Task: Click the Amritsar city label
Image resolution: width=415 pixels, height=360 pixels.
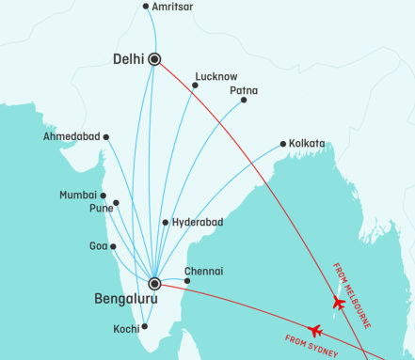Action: (x=174, y=7)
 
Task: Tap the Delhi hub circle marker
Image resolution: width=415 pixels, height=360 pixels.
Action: (x=154, y=58)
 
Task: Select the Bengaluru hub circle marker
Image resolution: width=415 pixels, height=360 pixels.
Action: (x=154, y=283)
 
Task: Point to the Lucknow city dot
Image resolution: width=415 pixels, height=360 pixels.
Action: (x=195, y=86)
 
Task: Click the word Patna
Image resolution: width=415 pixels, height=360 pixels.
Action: (x=244, y=90)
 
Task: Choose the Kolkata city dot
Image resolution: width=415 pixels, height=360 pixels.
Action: (x=282, y=144)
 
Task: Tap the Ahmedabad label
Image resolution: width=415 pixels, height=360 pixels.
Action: (x=72, y=137)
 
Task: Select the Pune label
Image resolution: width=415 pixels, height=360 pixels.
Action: (x=101, y=209)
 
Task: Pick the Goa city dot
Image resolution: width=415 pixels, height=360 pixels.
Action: (x=113, y=246)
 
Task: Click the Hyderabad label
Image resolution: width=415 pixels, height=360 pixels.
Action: (x=198, y=223)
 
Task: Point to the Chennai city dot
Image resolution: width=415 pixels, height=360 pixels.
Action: (x=186, y=281)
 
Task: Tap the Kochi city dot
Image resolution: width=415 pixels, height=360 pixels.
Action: (x=144, y=327)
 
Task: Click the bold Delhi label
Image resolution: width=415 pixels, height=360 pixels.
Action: (x=128, y=59)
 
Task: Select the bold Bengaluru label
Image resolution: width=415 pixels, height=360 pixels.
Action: (x=130, y=301)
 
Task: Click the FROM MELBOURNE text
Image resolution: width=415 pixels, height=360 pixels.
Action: (x=354, y=295)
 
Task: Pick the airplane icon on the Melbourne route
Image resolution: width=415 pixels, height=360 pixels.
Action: (x=338, y=303)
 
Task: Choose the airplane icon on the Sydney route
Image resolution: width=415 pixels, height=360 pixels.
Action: (x=315, y=330)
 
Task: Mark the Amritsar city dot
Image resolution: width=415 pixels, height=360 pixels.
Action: (x=145, y=7)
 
